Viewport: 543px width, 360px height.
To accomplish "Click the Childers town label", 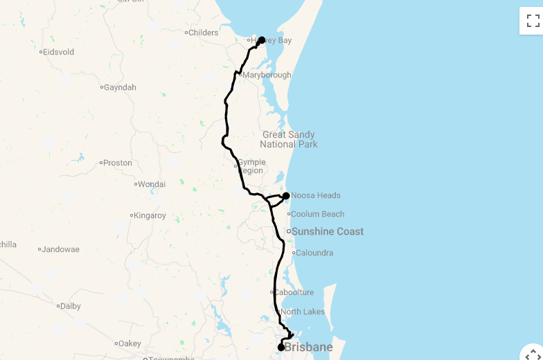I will pos(204,33).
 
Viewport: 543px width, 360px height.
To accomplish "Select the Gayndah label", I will pos(120,87).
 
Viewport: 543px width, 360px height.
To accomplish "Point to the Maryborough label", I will pos(267,75).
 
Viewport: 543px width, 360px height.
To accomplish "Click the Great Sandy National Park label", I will pos(289,139).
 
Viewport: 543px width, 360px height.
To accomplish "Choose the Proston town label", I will pos(118,163).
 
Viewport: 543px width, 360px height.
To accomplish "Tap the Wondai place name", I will pos(152,184).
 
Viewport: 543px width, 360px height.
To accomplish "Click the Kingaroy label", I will pos(150,215).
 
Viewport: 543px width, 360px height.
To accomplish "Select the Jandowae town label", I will pos(60,249).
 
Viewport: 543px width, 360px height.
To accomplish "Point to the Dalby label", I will pos(71,306).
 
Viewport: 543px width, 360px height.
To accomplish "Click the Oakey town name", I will pos(130,343).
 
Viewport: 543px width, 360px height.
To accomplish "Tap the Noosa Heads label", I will pos(316,195).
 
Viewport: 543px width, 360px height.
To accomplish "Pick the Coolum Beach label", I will pos(317,214).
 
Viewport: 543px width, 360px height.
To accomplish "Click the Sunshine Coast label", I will pos(328,231).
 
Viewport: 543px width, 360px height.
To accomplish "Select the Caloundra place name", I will pos(314,253).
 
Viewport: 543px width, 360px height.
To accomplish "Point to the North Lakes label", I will pos(303,312).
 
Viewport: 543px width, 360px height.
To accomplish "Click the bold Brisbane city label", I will pos(308,347).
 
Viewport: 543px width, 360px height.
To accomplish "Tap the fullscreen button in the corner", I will pos(532,20).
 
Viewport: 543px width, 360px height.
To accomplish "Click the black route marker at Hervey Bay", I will pos(262,40).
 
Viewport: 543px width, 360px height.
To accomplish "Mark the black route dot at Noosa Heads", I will pos(286,196).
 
